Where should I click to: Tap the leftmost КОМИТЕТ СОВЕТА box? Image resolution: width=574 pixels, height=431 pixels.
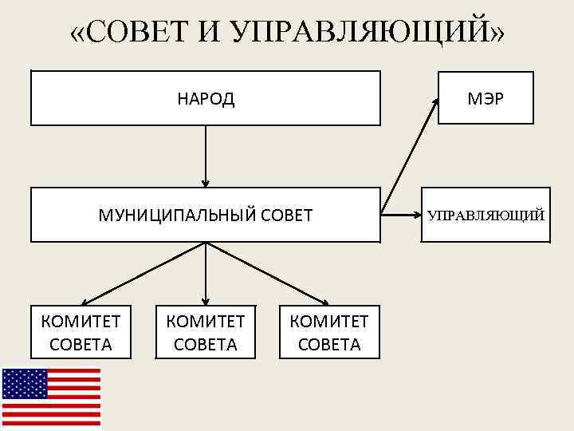[x=81, y=332]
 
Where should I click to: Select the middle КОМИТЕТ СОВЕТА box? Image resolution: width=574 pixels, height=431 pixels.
[x=206, y=332]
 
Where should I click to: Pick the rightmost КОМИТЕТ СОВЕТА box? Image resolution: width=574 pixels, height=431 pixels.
[x=329, y=332]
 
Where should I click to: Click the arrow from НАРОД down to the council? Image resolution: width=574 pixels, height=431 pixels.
[x=206, y=156]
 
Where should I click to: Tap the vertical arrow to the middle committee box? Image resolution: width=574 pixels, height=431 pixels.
[x=206, y=273]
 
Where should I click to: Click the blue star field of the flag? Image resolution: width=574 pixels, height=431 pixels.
[x=24, y=384]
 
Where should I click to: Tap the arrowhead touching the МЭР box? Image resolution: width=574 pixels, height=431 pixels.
[x=435, y=101]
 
